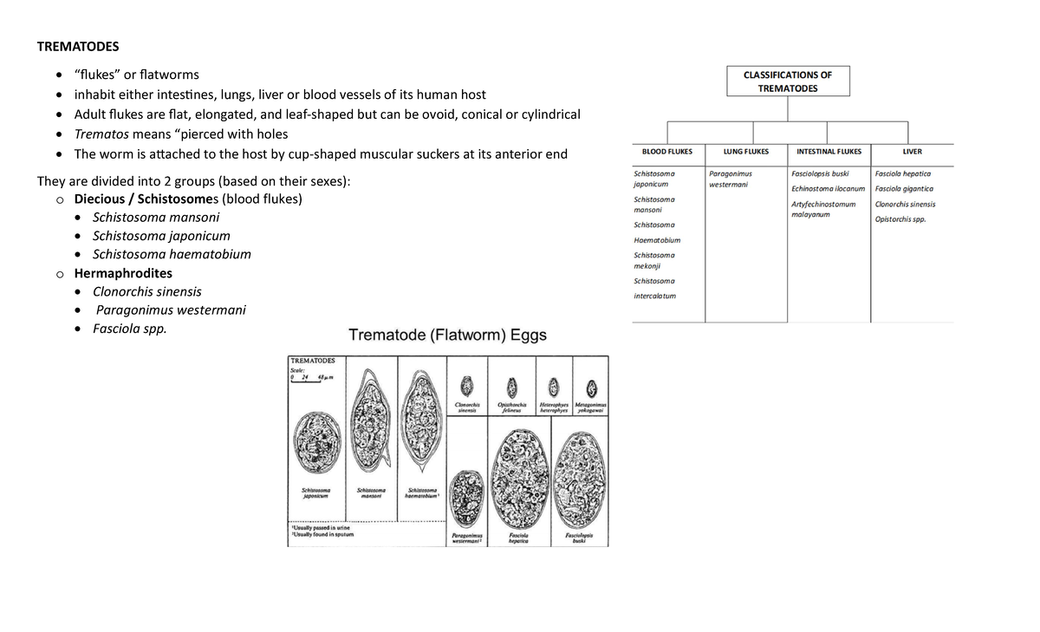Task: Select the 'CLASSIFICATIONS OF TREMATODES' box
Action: pos(787,81)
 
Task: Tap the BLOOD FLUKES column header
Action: pos(666,152)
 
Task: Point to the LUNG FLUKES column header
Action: pos(745,152)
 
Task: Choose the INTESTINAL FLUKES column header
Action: pos(829,152)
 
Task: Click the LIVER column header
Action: pos(912,152)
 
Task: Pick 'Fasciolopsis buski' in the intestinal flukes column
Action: pos(820,173)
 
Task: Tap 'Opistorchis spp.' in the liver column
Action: pos(900,219)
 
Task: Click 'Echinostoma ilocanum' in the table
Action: pos(828,189)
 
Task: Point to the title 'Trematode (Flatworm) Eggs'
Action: pos(447,336)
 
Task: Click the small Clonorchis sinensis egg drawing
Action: pos(468,387)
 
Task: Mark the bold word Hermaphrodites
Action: pos(123,273)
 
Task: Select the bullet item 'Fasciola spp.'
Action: pos(129,329)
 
